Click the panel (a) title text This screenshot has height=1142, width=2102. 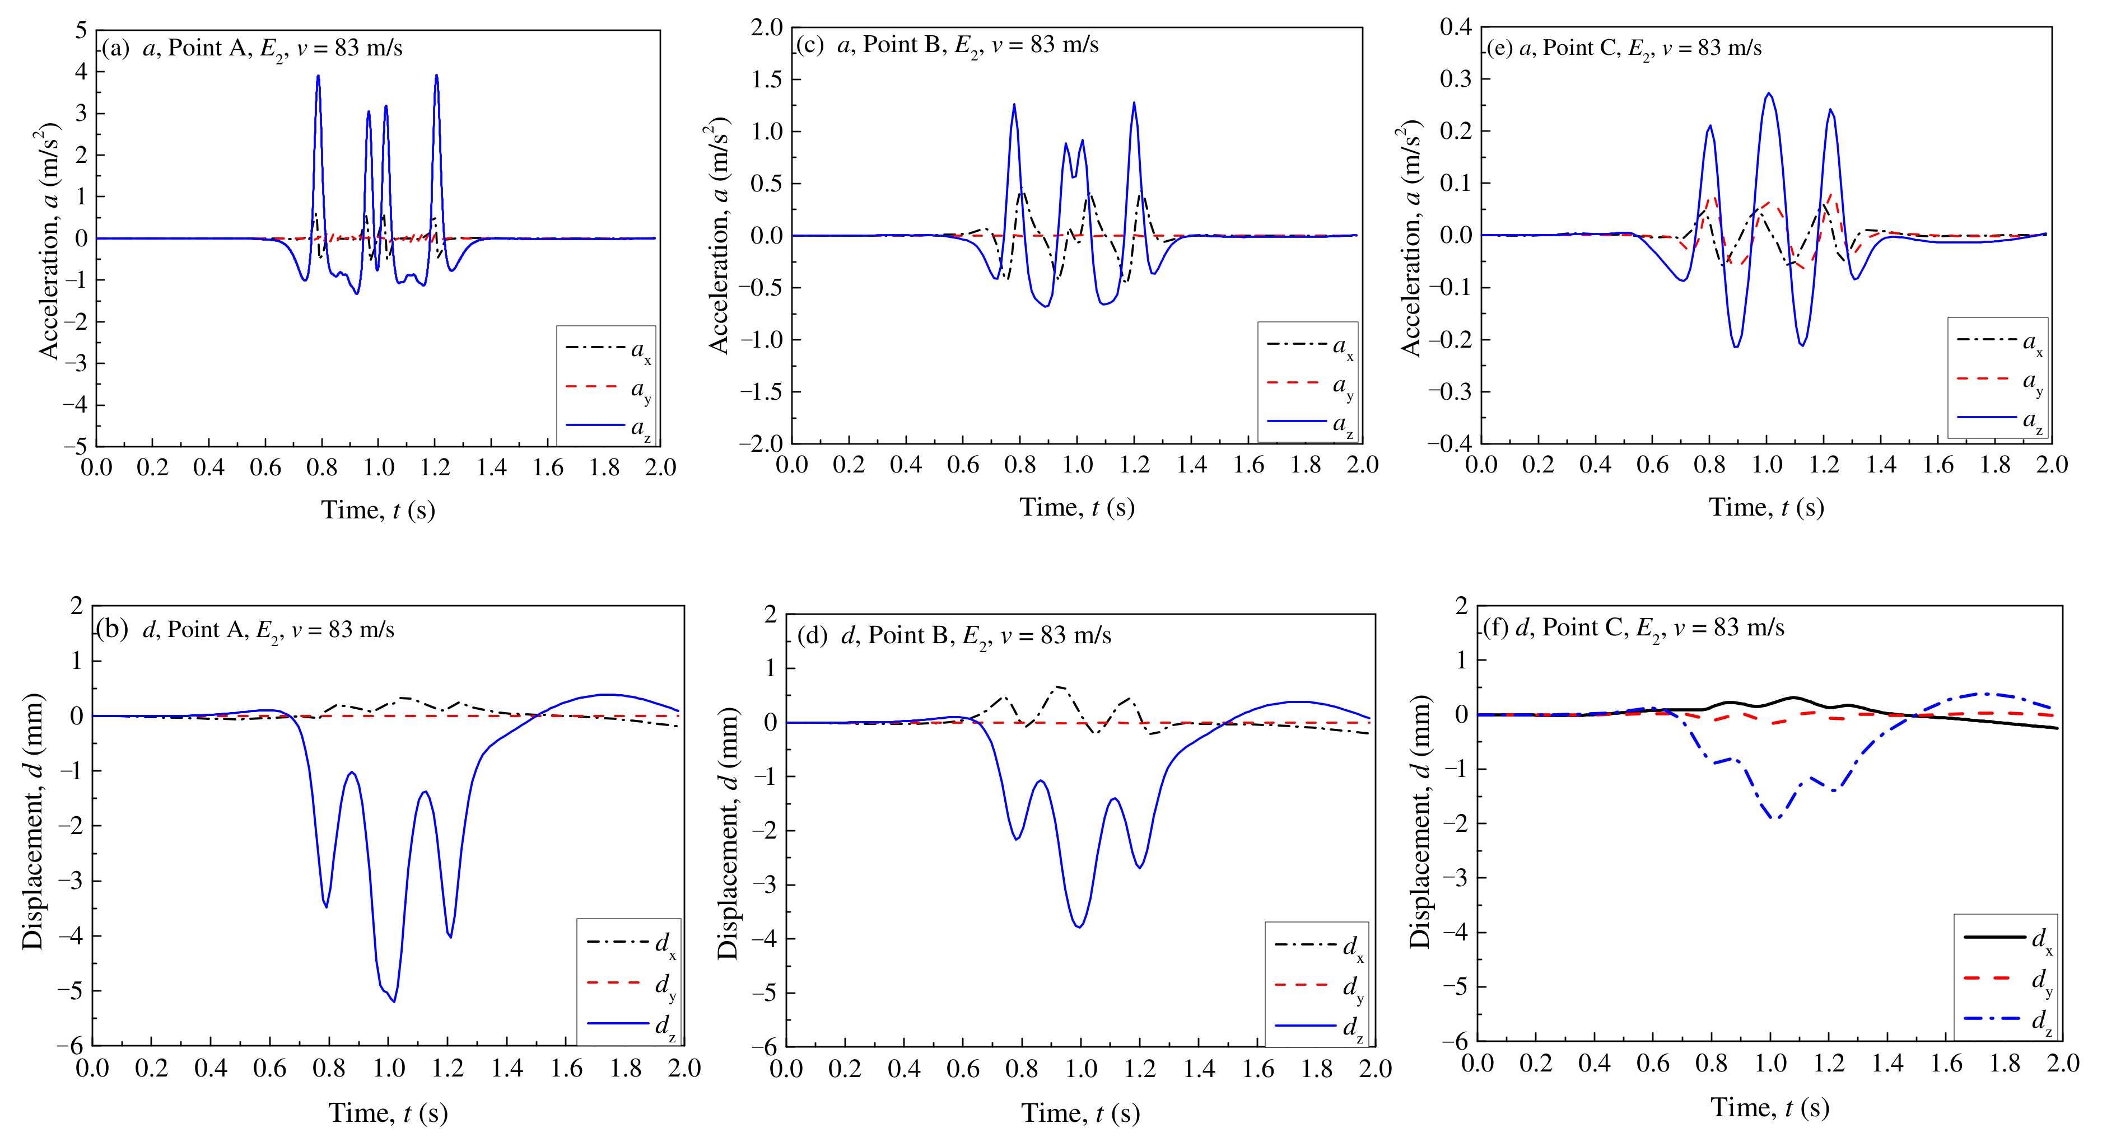click(251, 48)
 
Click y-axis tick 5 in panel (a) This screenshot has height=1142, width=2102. click(80, 31)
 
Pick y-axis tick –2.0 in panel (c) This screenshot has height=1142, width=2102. click(761, 443)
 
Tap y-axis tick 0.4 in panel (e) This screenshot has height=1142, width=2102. click(1455, 27)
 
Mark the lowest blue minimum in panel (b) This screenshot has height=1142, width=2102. click(394, 1001)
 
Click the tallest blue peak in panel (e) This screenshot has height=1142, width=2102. click(1768, 94)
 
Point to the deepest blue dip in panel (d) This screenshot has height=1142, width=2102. click(1079, 926)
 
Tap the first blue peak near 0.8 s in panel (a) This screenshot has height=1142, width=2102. click(318, 77)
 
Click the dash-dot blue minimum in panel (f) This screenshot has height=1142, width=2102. click(1775, 818)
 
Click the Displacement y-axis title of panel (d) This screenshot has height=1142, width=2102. click(728, 832)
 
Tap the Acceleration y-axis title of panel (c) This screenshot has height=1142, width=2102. click(718, 237)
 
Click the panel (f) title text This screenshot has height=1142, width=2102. click(1633, 628)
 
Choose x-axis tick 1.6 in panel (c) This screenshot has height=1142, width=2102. click(1248, 465)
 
